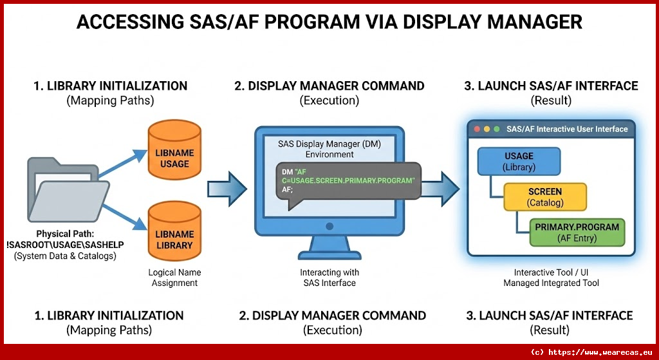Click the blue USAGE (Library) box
click(x=519, y=161)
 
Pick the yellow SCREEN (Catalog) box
click(x=545, y=196)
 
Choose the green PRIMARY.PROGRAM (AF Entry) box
click(x=577, y=232)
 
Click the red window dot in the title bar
click(x=477, y=129)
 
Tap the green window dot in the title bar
click(x=497, y=129)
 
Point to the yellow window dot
click(x=487, y=129)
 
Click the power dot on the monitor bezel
click(x=330, y=226)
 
